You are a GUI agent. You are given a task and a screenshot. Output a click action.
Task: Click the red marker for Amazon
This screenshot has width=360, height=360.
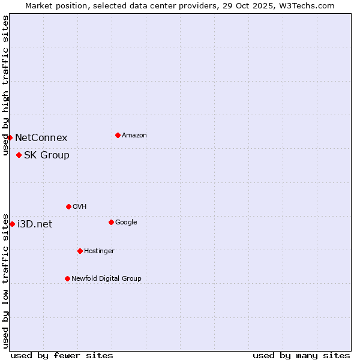click(118, 135)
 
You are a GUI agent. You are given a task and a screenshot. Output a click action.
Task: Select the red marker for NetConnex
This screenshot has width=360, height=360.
click(10, 137)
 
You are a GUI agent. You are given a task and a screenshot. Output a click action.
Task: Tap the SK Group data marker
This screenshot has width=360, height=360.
click(19, 155)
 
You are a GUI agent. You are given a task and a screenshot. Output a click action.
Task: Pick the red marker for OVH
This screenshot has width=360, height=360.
click(68, 206)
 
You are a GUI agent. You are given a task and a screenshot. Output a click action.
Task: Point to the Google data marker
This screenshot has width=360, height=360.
click(111, 222)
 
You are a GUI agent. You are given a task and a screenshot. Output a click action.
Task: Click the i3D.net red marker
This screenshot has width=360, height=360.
click(12, 224)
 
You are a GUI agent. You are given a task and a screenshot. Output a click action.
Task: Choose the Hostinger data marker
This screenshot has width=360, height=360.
click(80, 251)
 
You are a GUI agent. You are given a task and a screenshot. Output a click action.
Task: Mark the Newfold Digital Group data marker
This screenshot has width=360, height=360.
click(67, 278)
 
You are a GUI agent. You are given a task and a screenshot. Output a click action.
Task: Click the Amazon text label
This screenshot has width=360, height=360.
click(134, 136)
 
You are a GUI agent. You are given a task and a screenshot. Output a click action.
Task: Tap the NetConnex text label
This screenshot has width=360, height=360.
click(41, 138)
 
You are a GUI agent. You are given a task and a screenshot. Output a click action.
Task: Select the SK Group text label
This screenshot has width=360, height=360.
click(47, 155)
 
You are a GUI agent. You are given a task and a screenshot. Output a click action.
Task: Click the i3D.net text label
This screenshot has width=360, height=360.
click(35, 224)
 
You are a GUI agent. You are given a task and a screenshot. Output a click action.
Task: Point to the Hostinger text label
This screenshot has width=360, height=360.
click(99, 251)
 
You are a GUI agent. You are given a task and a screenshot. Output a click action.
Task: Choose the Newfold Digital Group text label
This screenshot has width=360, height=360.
click(106, 278)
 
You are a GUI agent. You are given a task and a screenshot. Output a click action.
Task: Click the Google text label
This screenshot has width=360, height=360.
click(126, 223)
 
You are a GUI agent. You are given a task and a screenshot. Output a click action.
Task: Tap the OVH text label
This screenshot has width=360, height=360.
click(79, 207)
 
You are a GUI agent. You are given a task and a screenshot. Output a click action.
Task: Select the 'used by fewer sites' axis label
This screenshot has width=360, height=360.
click(62, 355)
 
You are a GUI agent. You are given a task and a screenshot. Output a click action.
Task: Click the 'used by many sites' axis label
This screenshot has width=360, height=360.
click(301, 355)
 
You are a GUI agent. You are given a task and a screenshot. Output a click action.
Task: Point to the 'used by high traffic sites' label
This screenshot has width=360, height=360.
click(5, 85)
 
